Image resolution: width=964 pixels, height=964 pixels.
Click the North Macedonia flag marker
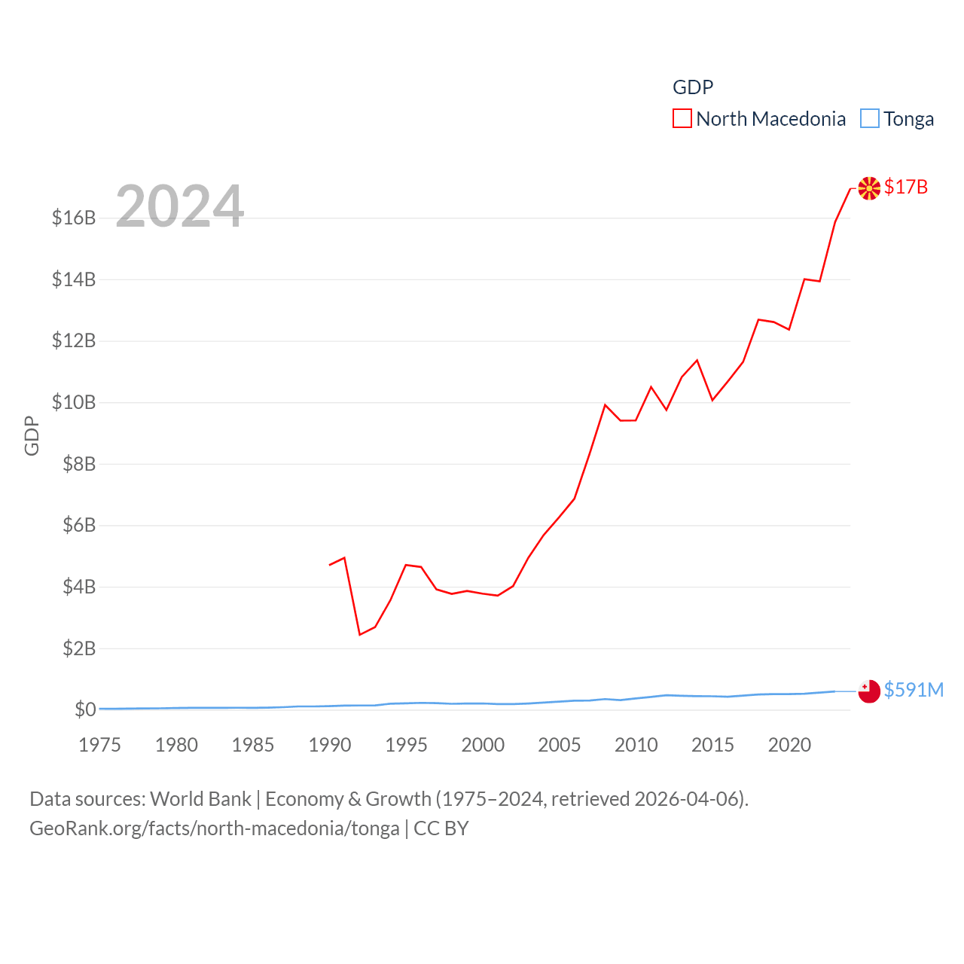[869, 188]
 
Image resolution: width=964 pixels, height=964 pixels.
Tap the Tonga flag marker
[869, 691]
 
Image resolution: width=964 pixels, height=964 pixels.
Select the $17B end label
[905, 187]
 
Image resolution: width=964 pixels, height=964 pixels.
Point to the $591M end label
[914, 690]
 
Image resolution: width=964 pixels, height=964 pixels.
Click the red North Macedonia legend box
[682, 119]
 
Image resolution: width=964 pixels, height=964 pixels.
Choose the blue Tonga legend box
[870, 119]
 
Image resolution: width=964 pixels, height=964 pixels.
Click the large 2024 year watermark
[180, 206]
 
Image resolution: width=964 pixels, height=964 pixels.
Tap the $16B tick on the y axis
[74, 218]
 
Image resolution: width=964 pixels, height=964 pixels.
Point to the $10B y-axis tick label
[74, 403]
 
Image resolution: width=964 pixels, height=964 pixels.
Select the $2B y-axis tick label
[79, 648]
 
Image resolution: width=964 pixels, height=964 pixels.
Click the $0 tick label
[85, 709]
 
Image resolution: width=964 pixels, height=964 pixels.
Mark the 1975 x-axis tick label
[99, 746]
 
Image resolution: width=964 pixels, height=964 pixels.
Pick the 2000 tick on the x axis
[483, 746]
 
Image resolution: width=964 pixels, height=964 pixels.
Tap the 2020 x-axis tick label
[789, 746]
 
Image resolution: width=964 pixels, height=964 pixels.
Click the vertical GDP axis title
[32, 435]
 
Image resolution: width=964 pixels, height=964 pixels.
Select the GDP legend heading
[693, 87]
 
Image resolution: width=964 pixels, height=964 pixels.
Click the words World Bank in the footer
[201, 799]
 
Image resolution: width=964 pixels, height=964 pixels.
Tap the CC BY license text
[441, 829]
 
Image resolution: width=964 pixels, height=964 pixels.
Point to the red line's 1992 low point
[360, 635]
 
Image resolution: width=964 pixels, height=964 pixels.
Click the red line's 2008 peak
[605, 405]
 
